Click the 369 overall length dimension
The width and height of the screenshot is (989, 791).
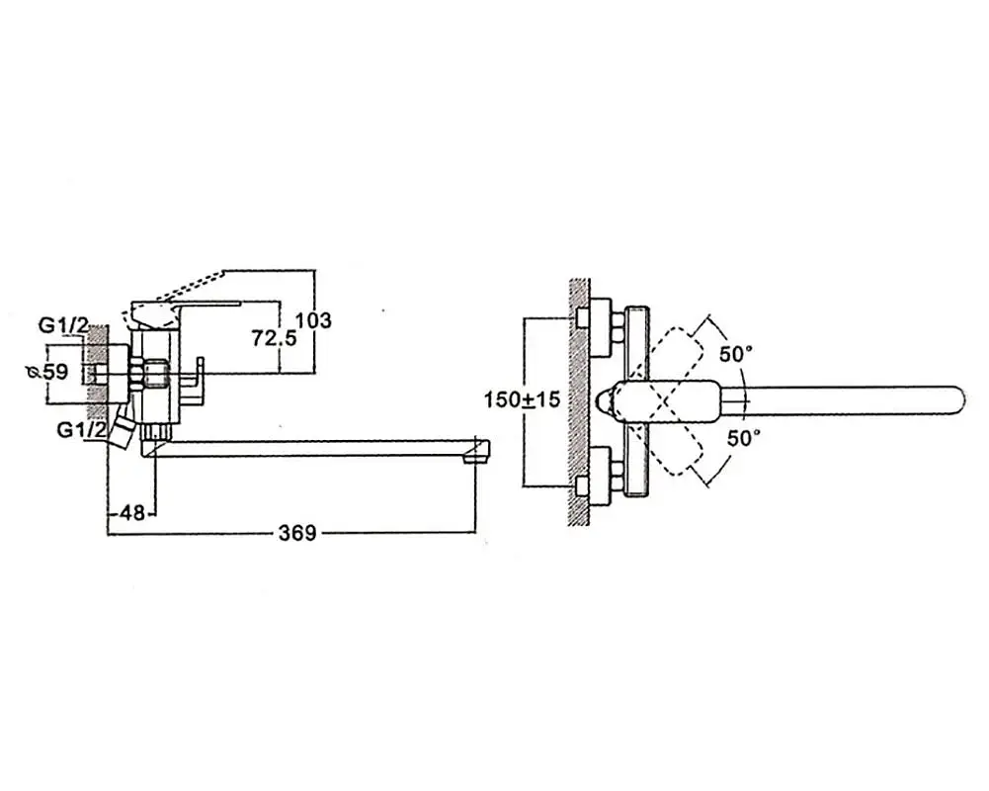(297, 533)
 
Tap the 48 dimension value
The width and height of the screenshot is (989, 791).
(131, 512)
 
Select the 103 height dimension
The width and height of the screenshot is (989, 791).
(313, 320)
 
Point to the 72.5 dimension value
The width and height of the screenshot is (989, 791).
(274, 338)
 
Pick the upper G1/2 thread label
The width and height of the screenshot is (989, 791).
(63, 325)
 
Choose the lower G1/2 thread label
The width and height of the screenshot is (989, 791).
(81, 430)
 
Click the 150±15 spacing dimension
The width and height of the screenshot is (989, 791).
(523, 399)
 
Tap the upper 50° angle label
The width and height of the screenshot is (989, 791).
(736, 354)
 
